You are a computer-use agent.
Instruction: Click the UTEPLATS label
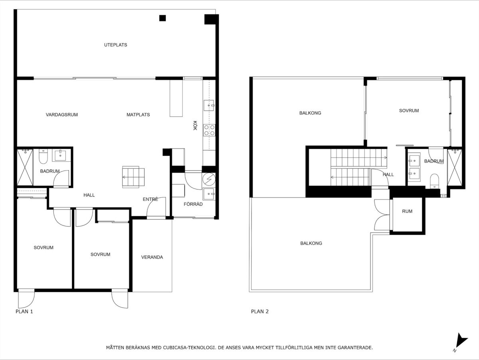coord(115,45)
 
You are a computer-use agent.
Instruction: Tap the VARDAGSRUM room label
coord(62,115)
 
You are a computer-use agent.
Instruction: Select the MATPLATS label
coord(138,115)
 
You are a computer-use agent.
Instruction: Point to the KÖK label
coord(195,125)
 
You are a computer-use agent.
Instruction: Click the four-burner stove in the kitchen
coord(209,130)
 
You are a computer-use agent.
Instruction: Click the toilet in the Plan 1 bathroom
coord(43,156)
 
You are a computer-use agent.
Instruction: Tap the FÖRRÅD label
coord(193,204)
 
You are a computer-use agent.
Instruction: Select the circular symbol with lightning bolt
coord(209,179)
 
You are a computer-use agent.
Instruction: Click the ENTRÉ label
coord(150,199)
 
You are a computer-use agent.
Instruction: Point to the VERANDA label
coord(152,257)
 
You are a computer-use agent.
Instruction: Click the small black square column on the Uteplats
coord(162,18)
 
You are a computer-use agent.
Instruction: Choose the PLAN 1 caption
coord(24,312)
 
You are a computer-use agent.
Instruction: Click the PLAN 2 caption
coord(260,312)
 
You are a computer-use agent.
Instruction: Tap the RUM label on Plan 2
coord(407,211)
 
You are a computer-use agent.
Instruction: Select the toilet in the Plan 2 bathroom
coord(434,181)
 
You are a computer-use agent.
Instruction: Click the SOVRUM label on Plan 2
coord(409,111)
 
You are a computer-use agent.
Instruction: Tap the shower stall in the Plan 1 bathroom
coord(25,167)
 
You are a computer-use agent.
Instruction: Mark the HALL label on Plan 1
coord(89,195)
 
